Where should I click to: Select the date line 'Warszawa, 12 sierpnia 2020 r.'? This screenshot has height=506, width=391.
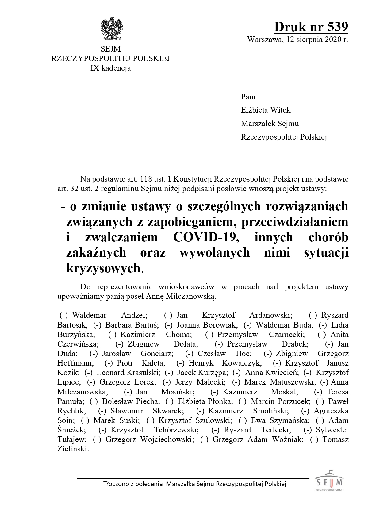(297, 40)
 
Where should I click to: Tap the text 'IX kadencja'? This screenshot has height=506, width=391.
(110, 68)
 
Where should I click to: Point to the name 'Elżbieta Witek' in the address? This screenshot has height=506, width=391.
(266, 110)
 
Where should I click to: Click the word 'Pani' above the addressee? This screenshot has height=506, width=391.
(248, 97)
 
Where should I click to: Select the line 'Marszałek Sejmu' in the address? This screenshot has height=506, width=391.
(270, 124)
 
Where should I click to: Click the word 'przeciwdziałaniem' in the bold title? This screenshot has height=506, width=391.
(295, 222)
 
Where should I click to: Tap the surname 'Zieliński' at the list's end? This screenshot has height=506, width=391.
(73, 449)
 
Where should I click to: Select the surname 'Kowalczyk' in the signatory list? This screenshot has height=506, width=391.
(242, 363)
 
